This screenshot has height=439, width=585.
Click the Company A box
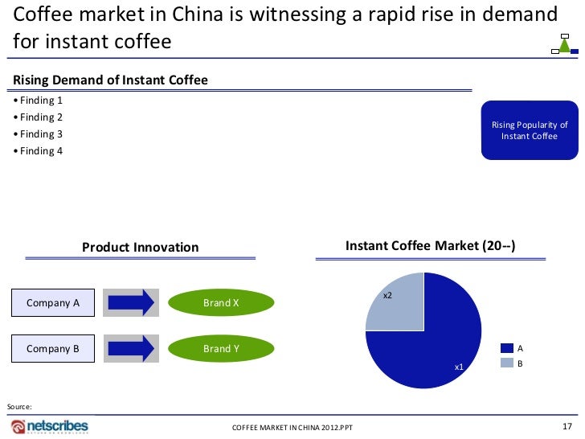coord(53,302)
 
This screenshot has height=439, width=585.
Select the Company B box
coord(53,348)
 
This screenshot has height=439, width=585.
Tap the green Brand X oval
coord(221,303)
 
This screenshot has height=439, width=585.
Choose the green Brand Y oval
coord(221,349)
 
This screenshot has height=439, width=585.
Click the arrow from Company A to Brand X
coord(130,302)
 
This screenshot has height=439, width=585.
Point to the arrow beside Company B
coord(130,348)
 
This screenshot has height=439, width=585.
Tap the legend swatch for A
coord(506,348)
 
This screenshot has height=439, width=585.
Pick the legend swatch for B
coord(506,363)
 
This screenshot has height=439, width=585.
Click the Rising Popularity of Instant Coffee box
coord(530,130)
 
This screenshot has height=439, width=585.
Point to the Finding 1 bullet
coord(39,101)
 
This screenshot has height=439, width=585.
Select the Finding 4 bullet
coord(39,151)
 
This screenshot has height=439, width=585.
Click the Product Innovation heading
coord(140,247)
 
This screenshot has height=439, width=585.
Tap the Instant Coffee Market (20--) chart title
coord(430,246)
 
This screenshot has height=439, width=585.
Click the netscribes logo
coord(50,425)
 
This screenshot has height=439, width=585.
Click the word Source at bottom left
coord(19,407)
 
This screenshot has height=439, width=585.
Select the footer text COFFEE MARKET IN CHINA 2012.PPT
coord(292,427)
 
